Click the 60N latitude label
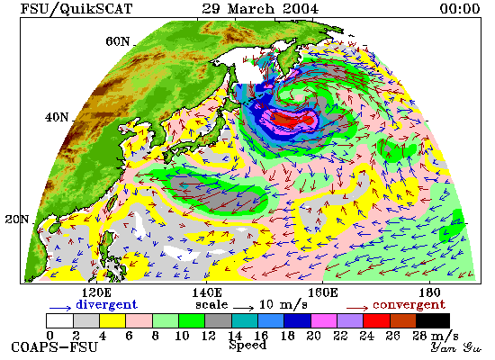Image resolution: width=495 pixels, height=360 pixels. pyautogui.click(x=117, y=41)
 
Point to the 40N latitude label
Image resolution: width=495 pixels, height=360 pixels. pyautogui.click(x=57, y=118)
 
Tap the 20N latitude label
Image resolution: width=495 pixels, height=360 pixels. pyautogui.click(x=17, y=219)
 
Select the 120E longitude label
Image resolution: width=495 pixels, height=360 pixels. pyautogui.click(x=96, y=292)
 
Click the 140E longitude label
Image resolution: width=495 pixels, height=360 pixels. pyautogui.click(x=207, y=292)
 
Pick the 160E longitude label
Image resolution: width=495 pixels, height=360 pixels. pyautogui.click(x=322, y=292)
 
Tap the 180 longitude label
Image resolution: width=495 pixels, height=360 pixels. pyautogui.click(x=429, y=292)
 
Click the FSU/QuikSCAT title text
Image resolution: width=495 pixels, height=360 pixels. pyautogui.click(x=76, y=8)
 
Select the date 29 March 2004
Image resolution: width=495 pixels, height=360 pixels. pyautogui.click(x=260, y=8)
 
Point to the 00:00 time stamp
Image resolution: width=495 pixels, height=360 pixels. pyautogui.click(x=460, y=8)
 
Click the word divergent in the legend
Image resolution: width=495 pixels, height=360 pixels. pyautogui.click(x=107, y=304)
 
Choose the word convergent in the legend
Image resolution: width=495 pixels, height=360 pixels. pyautogui.click(x=409, y=305)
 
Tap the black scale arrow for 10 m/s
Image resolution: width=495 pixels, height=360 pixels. pyautogui.click(x=244, y=308)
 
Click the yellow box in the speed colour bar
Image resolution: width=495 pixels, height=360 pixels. pyautogui.click(x=112, y=320)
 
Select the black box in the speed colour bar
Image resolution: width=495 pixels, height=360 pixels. pyautogui.click(x=433, y=320)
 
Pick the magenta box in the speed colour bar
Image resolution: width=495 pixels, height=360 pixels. pyautogui.click(x=324, y=320)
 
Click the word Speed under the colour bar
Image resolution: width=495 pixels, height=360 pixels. pyautogui.click(x=247, y=346)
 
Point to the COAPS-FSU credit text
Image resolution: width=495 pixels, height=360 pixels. pyautogui.click(x=55, y=347)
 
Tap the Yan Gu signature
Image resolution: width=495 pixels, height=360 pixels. pyautogui.click(x=456, y=347)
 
